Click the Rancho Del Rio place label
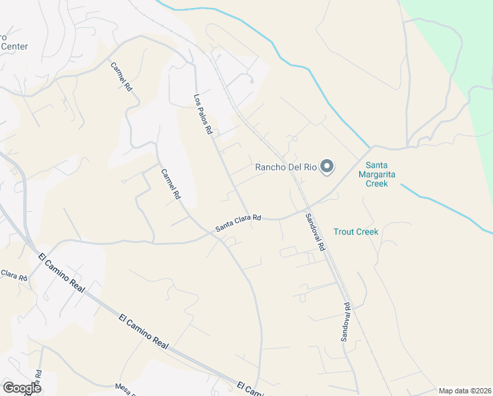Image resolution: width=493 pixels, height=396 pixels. (287, 167)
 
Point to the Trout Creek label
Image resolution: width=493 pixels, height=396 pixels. (356, 232)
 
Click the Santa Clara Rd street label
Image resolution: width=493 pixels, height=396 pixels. (239, 222)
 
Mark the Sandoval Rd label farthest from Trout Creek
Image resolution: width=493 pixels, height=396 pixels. (345, 322)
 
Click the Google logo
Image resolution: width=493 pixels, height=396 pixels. (22, 388)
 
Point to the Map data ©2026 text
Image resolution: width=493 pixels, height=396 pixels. (465, 391)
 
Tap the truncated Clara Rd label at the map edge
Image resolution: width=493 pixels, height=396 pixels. (13, 274)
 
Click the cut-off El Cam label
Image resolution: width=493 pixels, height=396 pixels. (250, 389)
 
